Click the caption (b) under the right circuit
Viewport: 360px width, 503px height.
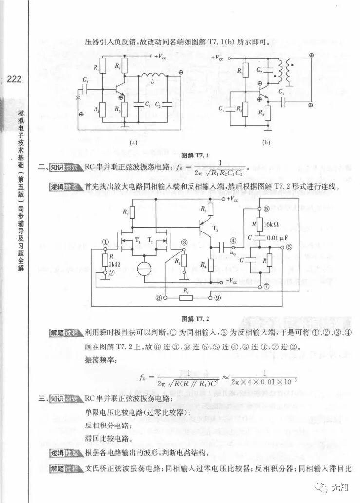pyautogui.click(x=266, y=143)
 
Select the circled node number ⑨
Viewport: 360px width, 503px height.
pyautogui.click(x=217, y=297)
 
